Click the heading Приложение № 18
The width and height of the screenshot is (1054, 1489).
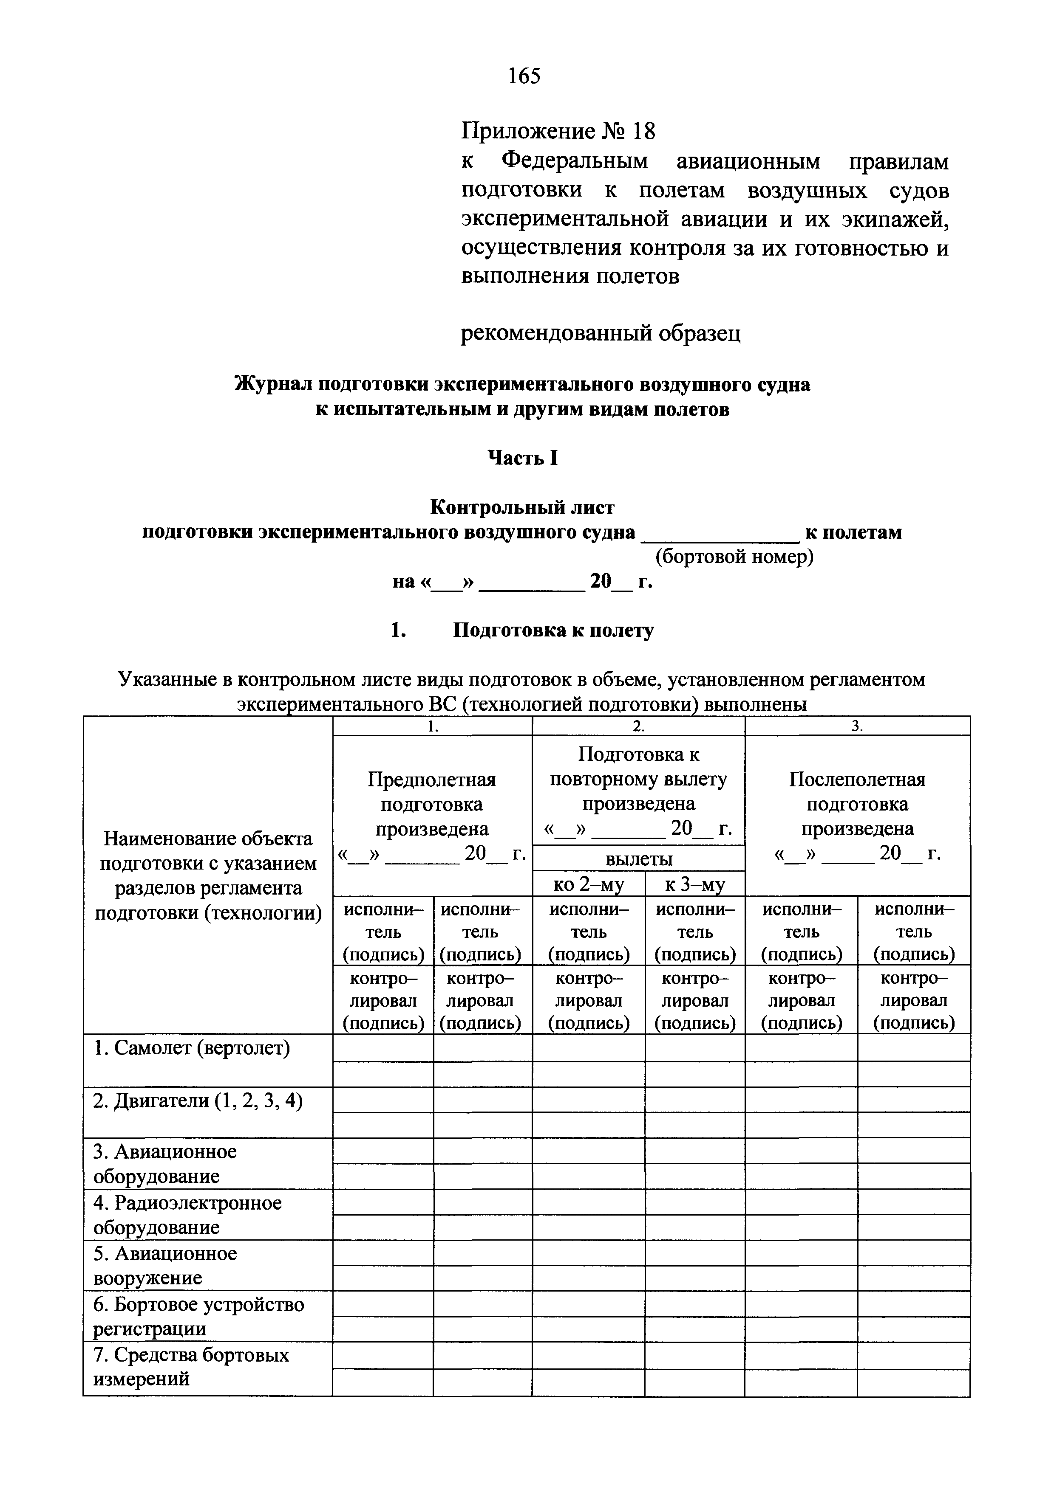tap(558, 132)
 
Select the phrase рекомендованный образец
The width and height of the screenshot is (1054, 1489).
tap(601, 333)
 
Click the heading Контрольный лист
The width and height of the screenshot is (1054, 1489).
tap(522, 507)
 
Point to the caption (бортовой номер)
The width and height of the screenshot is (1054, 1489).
tap(734, 557)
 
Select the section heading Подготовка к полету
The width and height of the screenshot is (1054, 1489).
tap(553, 631)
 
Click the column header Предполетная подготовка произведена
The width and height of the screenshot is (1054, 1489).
tap(432, 804)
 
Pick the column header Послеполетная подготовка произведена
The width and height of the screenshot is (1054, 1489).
tap(857, 804)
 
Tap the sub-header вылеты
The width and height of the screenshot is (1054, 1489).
tap(639, 860)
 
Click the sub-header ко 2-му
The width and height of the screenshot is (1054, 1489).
tap(588, 884)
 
